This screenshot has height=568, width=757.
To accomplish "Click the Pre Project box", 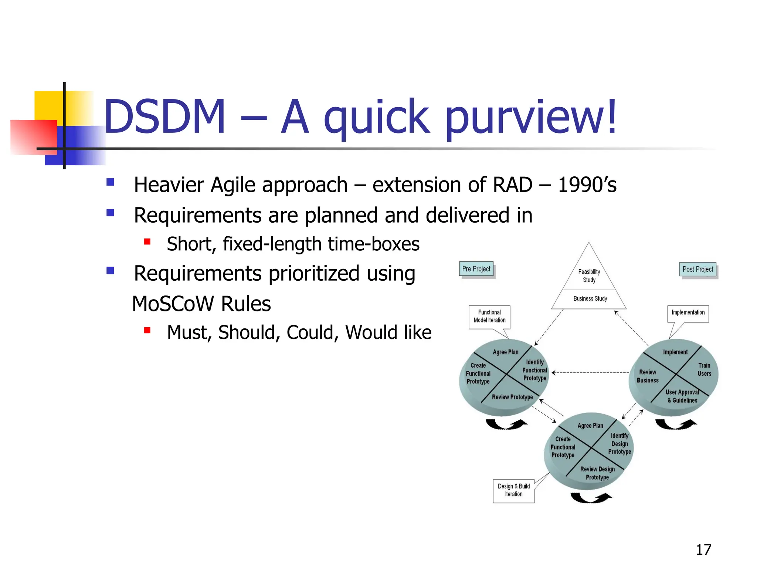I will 476,269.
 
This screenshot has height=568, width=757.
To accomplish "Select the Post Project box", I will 697,269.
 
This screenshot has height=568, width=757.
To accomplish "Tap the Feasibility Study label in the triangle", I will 589,276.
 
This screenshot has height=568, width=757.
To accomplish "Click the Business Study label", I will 590,298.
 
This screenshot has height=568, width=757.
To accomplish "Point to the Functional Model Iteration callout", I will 489,316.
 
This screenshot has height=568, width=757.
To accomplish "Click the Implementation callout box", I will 688,313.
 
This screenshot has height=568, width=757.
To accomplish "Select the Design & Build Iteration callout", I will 513,490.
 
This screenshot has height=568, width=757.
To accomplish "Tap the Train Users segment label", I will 704,369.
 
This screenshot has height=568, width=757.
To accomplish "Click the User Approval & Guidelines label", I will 682,396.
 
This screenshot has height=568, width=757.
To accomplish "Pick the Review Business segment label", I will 648,376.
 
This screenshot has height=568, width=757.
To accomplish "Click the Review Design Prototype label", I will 597,473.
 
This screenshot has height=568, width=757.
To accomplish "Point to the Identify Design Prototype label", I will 619,444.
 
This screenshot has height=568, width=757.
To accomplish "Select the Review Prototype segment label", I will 512,397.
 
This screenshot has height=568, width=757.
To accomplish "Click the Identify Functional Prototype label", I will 534,370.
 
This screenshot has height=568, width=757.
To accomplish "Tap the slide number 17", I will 703,550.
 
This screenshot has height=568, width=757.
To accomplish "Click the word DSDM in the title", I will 165,116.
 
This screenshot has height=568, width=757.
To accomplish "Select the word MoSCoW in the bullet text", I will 173,304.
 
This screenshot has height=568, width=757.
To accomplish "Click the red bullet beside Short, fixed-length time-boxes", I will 147,242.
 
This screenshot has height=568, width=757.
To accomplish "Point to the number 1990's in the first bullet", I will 587,185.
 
